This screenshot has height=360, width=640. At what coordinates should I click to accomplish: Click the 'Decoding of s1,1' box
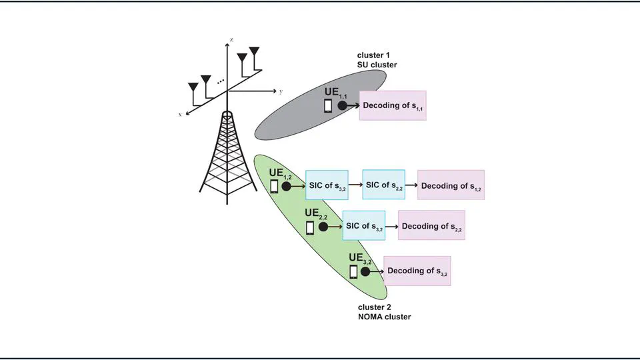[x=392, y=105]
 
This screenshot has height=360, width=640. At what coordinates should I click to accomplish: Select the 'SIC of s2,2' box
[x=383, y=184]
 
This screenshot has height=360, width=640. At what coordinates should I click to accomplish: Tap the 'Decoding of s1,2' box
[x=451, y=186]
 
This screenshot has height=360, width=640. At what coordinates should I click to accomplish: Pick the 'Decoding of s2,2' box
[x=431, y=225]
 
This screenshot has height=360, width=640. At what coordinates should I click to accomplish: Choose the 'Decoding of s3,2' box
[x=417, y=271]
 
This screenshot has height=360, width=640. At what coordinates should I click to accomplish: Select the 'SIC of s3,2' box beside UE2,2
[x=364, y=225]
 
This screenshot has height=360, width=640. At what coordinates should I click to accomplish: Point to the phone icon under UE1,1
[x=328, y=106]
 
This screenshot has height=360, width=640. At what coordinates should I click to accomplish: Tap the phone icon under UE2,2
[x=310, y=228]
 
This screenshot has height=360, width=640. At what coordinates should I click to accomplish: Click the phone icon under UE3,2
[x=354, y=271]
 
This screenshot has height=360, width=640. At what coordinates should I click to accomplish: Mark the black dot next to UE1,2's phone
[x=287, y=187]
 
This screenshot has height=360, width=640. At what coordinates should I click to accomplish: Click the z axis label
[x=231, y=41]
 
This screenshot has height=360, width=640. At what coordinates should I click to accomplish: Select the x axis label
[x=180, y=115]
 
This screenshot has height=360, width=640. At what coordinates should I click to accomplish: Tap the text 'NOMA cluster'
[x=385, y=317]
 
